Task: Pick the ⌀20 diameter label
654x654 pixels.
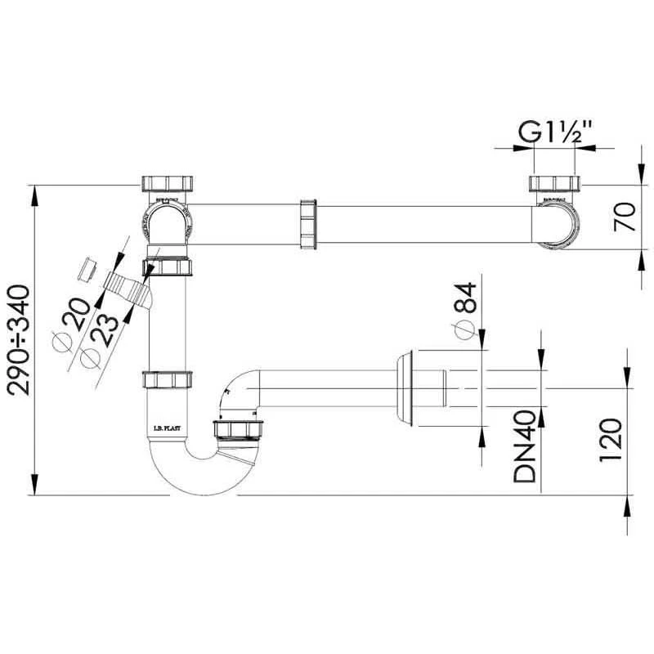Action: point(72,321)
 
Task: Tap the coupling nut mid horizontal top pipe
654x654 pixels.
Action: point(308,223)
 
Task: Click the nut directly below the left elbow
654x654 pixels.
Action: point(169,267)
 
